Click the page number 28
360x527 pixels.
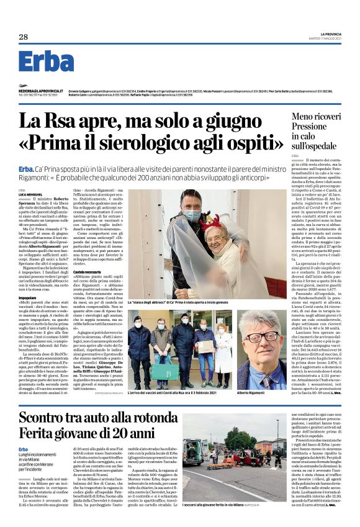coord(23,37)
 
